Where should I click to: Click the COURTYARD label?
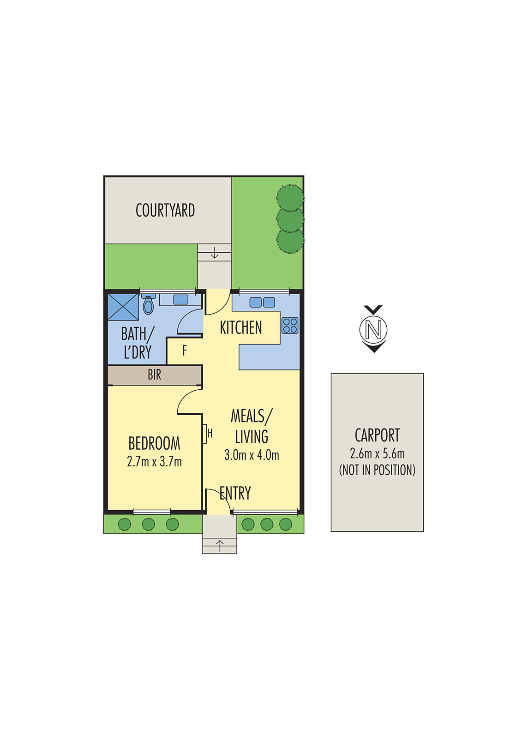click(x=165, y=210)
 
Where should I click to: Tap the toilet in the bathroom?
click(x=148, y=305)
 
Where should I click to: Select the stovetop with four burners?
click(x=290, y=325)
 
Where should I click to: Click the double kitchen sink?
click(x=262, y=302)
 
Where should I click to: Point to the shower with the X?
click(x=123, y=307)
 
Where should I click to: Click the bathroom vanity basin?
click(x=180, y=299)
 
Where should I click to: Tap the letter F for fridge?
click(x=185, y=351)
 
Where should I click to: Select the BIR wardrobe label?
click(x=155, y=375)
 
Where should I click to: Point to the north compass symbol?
click(x=373, y=329)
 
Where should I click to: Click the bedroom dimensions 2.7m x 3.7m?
click(x=154, y=461)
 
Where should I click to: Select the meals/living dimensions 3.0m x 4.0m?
click(x=252, y=455)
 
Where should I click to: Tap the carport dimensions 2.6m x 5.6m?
click(x=377, y=453)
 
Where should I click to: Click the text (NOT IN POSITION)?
click(x=377, y=470)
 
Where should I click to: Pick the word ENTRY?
click(x=235, y=493)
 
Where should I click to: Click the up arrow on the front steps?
click(x=220, y=546)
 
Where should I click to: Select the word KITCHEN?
click(x=241, y=327)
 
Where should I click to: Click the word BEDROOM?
click(x=154, y=443)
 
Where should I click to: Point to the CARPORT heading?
click(x=377, y=435)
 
